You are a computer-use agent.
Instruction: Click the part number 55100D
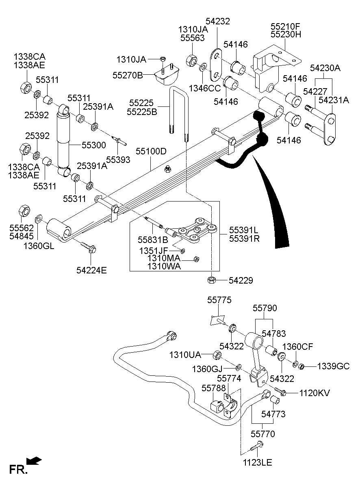pyautogui.click(x=151, y=152)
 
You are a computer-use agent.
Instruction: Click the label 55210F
pyautogui.click(x=286, y=26)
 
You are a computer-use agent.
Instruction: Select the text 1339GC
pyautogui.click(x=333, y=366)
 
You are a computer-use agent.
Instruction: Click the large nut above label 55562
pyautogui.click(x=24, y=211)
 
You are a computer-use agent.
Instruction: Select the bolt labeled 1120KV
pyautogui.click(x=281, y=392)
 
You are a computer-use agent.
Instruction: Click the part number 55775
pyautogui.click(x=219, y=300)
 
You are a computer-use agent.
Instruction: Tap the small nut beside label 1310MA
pyautogui.click(x=196, y=259)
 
